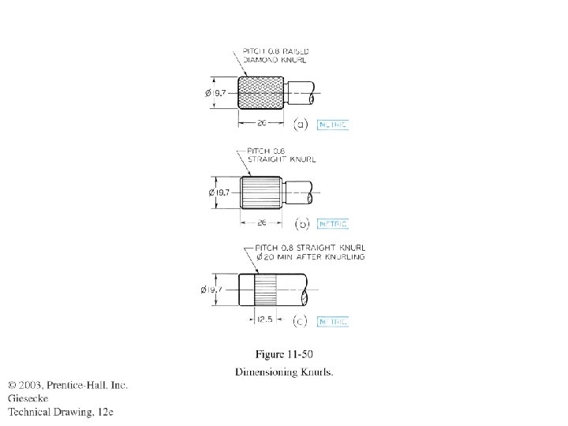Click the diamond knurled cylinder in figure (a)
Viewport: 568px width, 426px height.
261,93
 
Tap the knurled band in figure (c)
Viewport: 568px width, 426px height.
265,290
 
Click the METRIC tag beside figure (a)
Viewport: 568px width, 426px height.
332,125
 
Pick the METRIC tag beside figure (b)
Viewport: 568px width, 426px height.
332,224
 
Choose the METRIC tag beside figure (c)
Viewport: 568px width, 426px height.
332,321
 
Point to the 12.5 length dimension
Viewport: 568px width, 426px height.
265,320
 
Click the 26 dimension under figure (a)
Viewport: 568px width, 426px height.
261,123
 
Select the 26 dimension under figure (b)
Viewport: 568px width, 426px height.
261,222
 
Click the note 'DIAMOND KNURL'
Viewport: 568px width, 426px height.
275,59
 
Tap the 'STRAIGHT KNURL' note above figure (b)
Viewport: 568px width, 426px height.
280,159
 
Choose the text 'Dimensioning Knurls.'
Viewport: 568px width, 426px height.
284,372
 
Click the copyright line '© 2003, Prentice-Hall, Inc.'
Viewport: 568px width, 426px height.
68,385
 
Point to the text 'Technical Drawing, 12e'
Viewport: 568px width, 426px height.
62,411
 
